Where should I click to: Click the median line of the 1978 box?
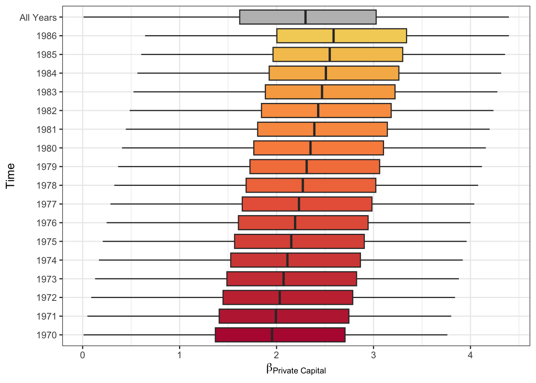303,186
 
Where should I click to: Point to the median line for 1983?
322,92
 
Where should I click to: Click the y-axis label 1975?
47,242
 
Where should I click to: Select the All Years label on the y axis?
38,18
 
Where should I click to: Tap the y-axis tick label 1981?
47,130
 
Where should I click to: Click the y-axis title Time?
10,176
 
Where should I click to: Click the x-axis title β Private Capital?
296,369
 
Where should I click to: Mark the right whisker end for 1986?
508,36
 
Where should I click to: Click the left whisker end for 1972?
91,298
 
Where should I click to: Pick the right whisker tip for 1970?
447,335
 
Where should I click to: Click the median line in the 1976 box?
295,223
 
